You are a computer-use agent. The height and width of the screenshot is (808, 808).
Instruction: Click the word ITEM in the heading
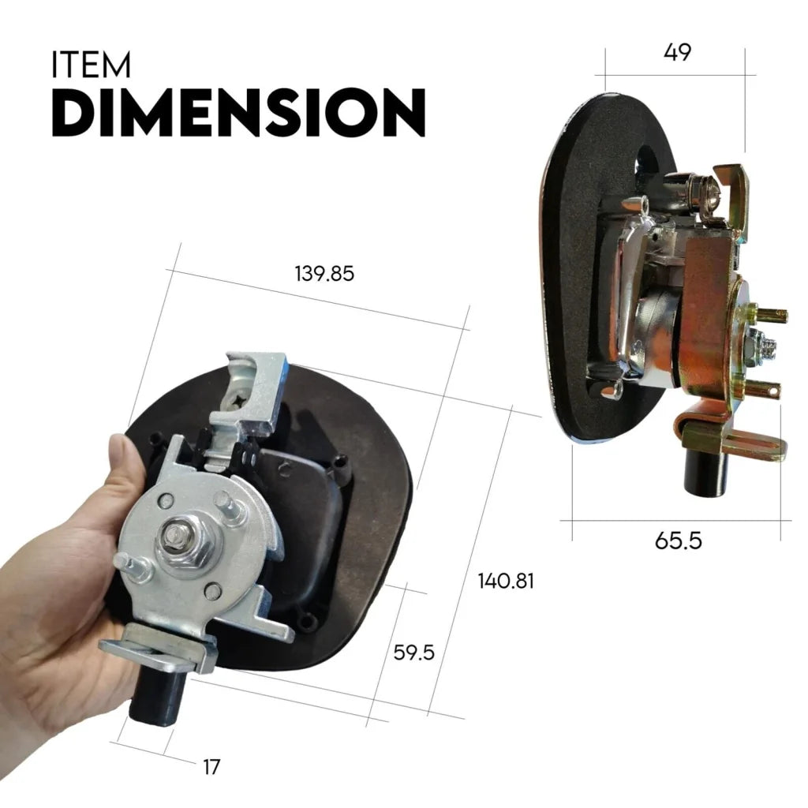(x=91, y=65)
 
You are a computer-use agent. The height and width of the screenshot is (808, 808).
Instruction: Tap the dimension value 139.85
(x=324, y=274)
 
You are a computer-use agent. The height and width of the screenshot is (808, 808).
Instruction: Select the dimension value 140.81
(x=506, y=582)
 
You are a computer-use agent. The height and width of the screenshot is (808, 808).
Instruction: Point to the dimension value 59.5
(x=413, y=653)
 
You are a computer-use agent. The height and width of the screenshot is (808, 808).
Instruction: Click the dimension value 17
(x=211, y=766)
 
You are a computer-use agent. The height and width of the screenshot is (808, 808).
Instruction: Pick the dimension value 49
(x=677, y=53)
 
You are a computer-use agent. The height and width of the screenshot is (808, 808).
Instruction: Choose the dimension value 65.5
(x=678, y=541)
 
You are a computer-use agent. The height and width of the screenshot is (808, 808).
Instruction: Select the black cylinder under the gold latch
(x=704, y=471)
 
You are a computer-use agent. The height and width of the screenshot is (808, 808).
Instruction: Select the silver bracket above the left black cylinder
(x=158, y=643)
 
